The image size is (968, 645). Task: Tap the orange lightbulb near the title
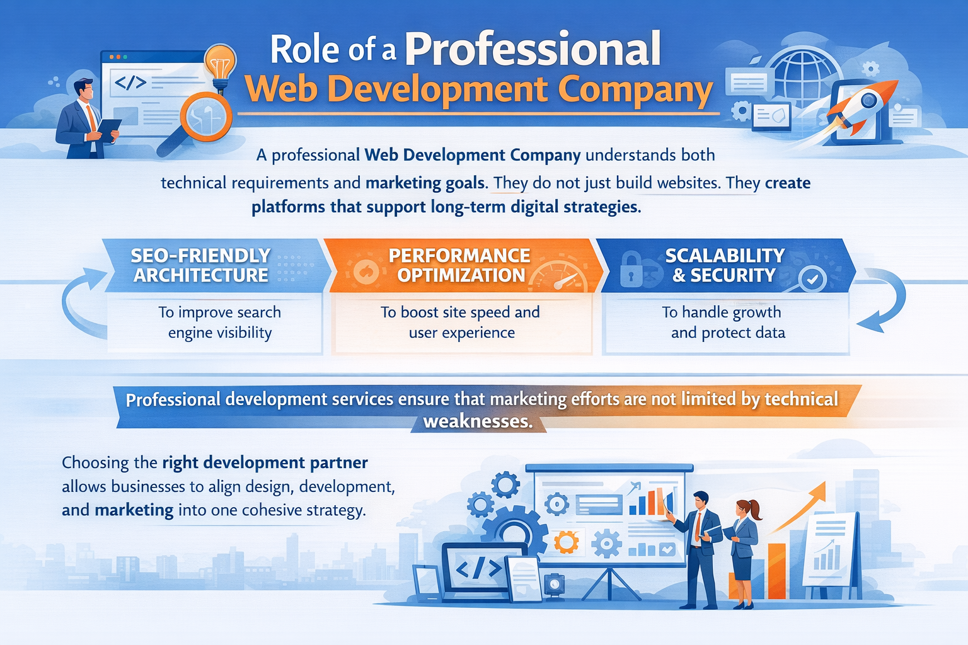(220, 63)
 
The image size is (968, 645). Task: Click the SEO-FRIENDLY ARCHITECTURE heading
(201, 265)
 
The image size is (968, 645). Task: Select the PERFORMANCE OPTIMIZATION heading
(460, 265)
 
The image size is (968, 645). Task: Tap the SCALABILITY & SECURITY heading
(725, 265)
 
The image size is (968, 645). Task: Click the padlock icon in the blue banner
(631, 269)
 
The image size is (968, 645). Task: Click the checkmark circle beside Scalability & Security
(812, 278)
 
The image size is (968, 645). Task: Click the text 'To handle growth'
(721, 312)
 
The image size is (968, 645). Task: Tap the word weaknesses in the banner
(478, 421)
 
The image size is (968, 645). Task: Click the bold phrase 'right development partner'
(265, 463)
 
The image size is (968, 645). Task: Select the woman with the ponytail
(744, 548)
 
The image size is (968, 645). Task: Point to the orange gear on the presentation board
(566, 542)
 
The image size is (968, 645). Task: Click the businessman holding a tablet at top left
(85, 120)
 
